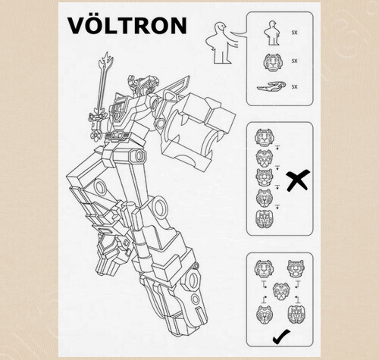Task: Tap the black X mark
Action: tap(298, 180)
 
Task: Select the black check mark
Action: tap(281, 337)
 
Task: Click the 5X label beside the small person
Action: tap(294, 33)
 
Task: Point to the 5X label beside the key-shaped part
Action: tap(294, 87)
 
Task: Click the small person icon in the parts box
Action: tap(272, 33)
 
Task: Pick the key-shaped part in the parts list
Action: tap(271, 86)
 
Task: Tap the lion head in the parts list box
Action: tap(272, 61)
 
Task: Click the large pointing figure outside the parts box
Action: tap(222, 43)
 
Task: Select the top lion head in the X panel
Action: tap(264, 138)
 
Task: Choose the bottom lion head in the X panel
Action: tap(264, 219)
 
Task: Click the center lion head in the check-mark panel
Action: tap(281, 292)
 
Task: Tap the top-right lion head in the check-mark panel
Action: tap(296, 269)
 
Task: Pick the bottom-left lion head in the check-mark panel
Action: tap(264, 315)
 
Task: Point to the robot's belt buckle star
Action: tap(117, 135)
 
